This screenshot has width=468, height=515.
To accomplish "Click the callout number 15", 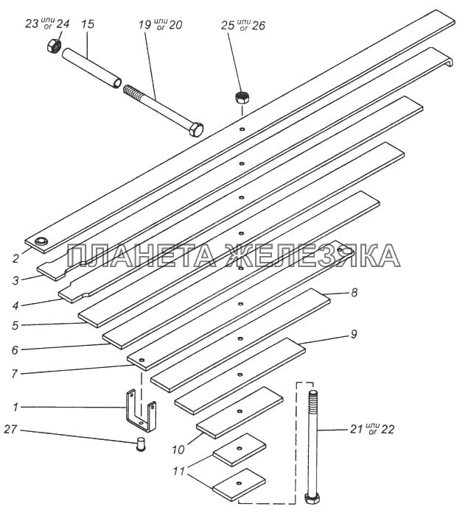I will [87, 24].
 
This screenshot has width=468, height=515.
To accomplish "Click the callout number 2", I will [15, 257].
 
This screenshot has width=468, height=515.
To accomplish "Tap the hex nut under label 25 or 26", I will [241, 97].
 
